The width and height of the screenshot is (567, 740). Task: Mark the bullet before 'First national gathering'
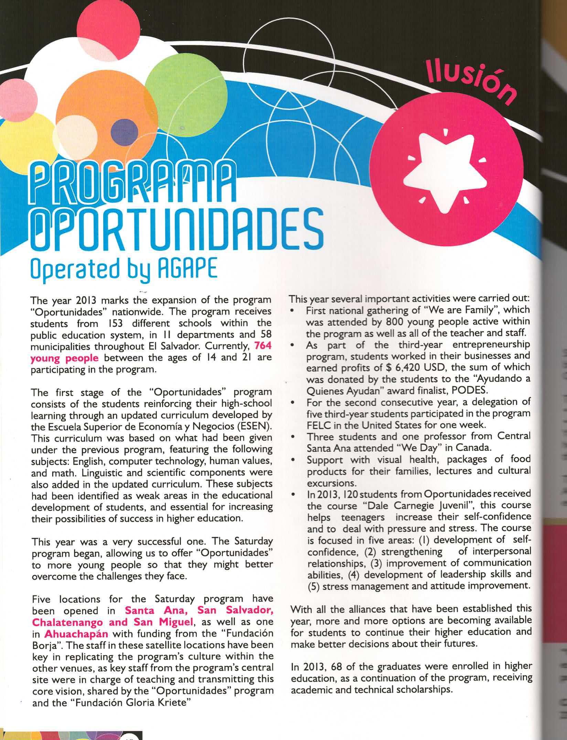(x=292, y=311)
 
